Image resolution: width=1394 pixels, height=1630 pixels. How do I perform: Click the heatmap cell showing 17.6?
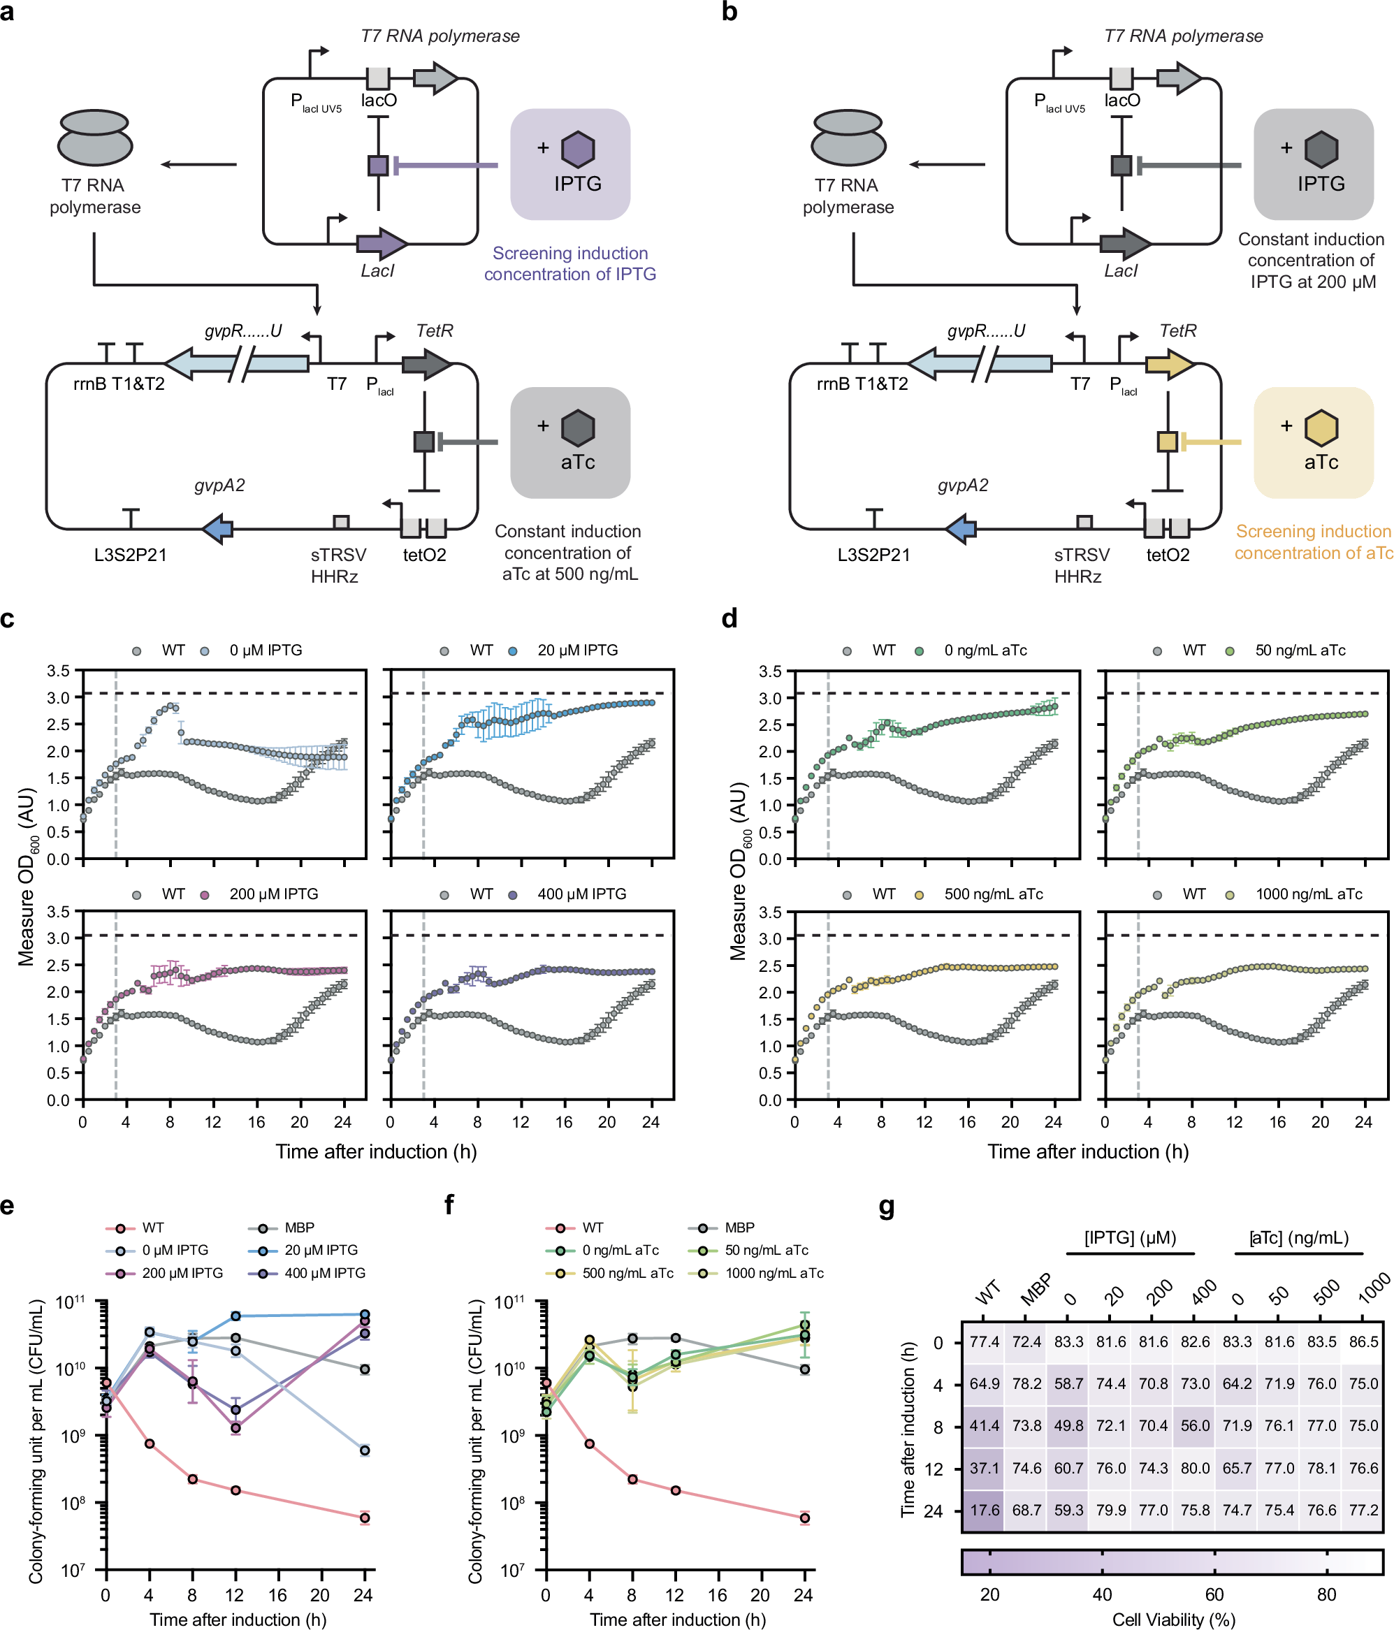(x=984, y=1510)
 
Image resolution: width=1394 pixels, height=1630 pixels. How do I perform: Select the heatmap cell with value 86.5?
(x=1363, y=1341)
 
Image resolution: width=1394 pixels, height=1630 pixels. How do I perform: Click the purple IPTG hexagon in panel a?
(x=577, y=150)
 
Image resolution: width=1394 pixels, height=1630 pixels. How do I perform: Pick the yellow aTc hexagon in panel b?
(x=1321, y=428)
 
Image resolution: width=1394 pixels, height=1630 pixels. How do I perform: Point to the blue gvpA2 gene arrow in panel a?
(x=218, y=529)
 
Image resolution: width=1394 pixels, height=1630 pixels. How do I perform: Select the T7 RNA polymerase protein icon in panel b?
(x=849, y=138)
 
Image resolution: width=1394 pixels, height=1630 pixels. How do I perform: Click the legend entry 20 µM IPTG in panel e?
(x=320, y=1250)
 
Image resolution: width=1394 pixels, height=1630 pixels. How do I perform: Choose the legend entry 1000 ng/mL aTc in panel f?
(x=774, y=1273)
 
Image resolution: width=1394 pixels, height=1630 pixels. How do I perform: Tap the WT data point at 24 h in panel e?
(x=364, y=1518)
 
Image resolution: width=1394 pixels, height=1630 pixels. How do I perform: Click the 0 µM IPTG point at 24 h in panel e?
(x=364, y=1450)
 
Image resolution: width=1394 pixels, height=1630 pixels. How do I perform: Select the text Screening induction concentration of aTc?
(x=1312, y=542)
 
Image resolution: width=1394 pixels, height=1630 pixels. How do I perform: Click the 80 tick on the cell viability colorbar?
(x=1326, y=1594)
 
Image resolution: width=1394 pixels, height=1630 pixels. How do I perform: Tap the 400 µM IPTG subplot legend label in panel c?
(x=581, y=894)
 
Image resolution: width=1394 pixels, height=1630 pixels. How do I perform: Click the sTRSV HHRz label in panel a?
(x=337, y=566)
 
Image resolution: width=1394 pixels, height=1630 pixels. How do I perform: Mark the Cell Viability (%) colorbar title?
(x=1173, y=1619)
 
